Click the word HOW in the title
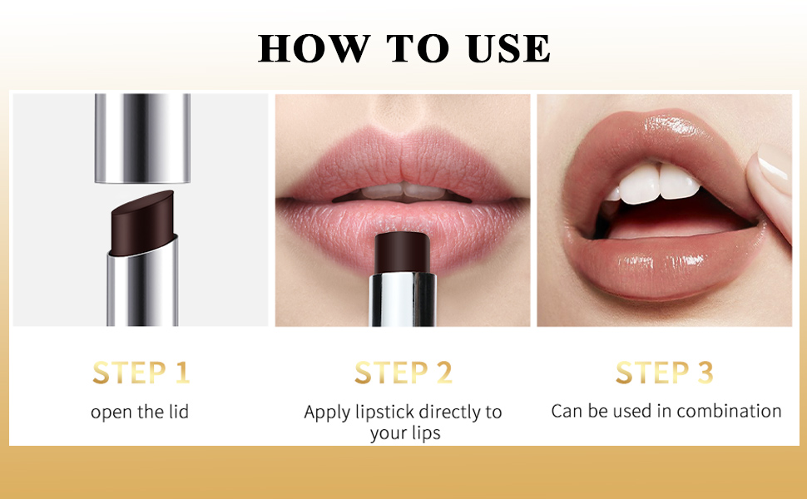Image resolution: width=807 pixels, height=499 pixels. click(x=314, y=48)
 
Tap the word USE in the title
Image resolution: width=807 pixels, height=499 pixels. click(x=509, y=48)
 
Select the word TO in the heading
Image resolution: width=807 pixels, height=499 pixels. click(x=418, y=48)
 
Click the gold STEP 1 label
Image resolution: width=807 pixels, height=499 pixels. click(x=141, y=373)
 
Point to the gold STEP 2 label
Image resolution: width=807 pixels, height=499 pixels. click(x=403, y=373)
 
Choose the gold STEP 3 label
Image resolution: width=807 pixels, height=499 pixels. click(x=665, y=373)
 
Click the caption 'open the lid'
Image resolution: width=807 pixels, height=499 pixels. click(x=140, y=412)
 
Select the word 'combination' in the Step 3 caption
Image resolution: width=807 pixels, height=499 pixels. click(x=729, y=411)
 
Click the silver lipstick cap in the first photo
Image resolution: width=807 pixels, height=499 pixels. click(x=142, y=138)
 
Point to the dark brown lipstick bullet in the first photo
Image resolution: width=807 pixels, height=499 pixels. click(x=142, y=223)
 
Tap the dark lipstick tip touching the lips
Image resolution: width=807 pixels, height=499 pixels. click(x=403, y=253)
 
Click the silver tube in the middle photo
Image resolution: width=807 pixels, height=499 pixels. click(x=403, y=299)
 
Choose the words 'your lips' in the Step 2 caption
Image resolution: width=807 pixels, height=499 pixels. click(x=405, y=433)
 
